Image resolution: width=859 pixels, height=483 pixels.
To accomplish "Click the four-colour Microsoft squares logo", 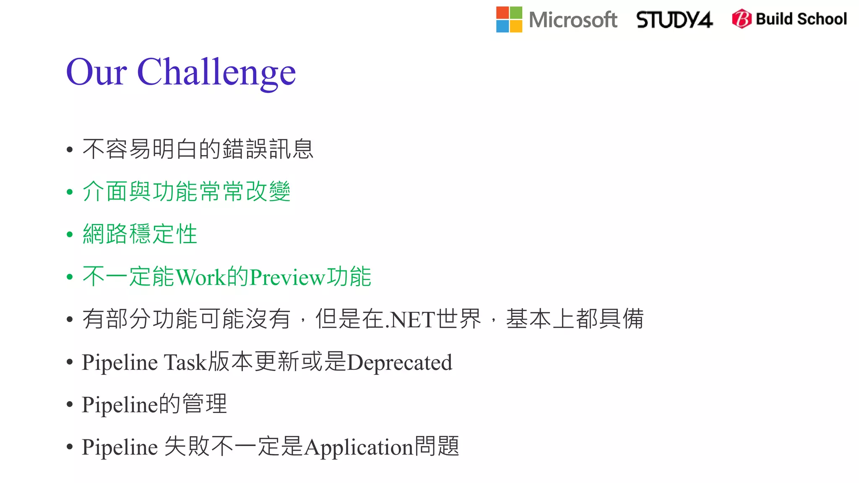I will (509, 20).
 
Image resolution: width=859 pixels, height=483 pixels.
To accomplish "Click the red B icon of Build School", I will (742, 19).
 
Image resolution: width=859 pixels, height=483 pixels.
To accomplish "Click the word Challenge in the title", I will (216, 72).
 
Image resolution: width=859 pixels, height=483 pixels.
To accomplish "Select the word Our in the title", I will (96, 72).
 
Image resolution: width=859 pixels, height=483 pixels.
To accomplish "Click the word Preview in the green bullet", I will (287, 277).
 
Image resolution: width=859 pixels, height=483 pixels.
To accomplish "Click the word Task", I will (185, 362).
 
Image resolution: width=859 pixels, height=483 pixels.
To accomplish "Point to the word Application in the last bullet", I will (359, 447).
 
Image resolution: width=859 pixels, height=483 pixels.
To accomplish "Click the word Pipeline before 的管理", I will (120, 405).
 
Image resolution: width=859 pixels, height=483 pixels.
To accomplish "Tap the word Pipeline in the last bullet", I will (120, 447).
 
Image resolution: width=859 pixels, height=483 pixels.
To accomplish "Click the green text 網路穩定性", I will (140, 234).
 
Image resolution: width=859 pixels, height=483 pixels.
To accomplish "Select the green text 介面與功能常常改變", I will (187, 192).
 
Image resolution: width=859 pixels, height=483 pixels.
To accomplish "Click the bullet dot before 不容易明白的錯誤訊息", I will (70, 150).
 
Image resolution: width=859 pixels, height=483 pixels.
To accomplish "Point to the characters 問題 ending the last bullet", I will (437, 446).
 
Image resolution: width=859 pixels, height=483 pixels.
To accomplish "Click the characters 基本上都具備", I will (575, 319).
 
